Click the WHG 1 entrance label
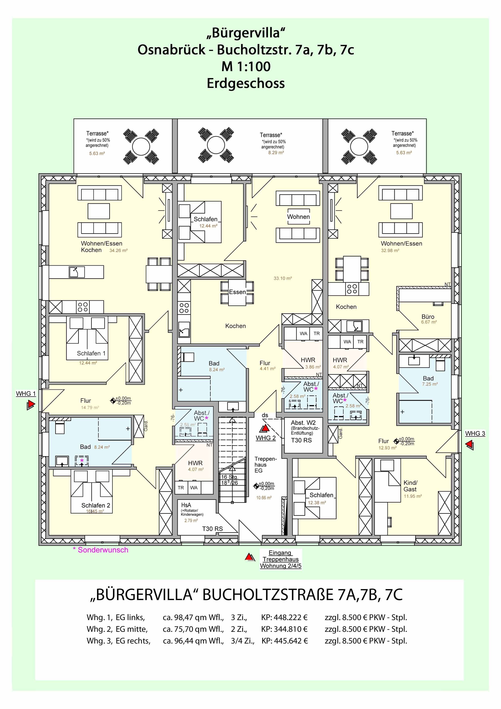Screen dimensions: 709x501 pyautogui.click(x=26, y=394)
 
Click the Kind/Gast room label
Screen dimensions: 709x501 pyautogui.click(x=410, y=486)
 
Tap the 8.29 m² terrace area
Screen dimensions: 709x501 pyautogui.click(x=276, y=153)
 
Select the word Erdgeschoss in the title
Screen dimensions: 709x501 pyautogui.click(x=246, y=83)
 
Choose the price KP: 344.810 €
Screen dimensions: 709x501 pyautogui.click(x=284, y=629)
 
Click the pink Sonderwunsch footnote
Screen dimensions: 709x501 pyautogui.click(x=100, y=550)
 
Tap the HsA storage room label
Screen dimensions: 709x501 pyautogui.click(x=186, y=505)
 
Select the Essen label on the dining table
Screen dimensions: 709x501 pyautogui.click(x=237, y=292)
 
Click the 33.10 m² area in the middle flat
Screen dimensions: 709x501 pyautogui.click(x=282, y=278)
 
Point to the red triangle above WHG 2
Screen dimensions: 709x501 pyautogui.click(x=265, y=429)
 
